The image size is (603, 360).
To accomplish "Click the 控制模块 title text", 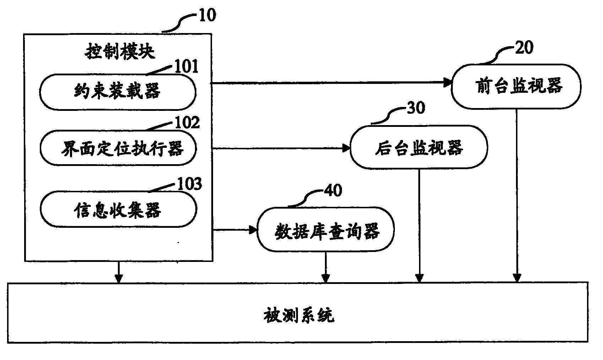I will click(120, 52).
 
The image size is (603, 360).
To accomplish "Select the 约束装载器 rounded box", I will click(118, 92).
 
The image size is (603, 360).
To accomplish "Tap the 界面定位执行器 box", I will click(118, 147).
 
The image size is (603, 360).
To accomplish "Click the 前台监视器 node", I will click(516, 86).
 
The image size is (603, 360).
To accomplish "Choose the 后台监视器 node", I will click(418, 147).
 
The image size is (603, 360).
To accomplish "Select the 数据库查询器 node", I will click(325, 230).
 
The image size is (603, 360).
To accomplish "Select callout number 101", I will click(185, 66).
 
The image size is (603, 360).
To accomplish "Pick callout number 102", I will click(188, 123).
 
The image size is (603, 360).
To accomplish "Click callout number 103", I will click(189, 184).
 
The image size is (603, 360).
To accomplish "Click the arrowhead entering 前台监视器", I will click(447, 83).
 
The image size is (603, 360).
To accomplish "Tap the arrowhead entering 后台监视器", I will click(347, 148).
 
